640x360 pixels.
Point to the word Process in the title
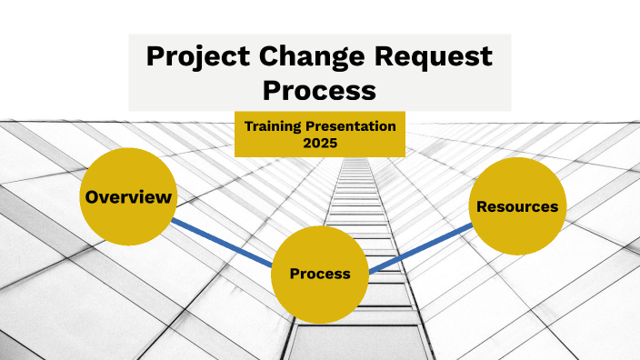(x=319, y=90)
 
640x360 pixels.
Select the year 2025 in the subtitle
(x=319, y=143)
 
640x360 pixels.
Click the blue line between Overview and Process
(x=223, y=243)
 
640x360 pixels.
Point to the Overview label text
(x=127, y=196)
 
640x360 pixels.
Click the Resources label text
(x=517, y=206)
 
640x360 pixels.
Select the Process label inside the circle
(x=319, y=274)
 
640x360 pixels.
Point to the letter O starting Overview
(x=91, y=196)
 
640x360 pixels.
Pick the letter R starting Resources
(x=482, y=206)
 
